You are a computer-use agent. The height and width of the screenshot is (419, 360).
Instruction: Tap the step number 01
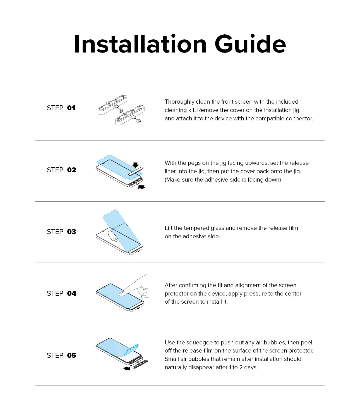71,108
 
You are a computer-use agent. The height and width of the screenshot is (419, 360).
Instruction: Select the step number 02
71,170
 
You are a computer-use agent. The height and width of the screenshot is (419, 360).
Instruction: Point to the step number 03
71,232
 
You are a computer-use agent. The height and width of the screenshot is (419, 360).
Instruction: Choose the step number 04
71,294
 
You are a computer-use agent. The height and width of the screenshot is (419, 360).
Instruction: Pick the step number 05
71,356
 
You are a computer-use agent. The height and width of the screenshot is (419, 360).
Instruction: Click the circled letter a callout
121,111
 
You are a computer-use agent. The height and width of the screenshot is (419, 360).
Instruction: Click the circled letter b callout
139,121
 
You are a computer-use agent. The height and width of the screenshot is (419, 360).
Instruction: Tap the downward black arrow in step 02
135,165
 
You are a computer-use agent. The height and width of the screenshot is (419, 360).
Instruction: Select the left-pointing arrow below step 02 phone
141,187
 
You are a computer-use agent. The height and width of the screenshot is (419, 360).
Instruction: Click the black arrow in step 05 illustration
127,369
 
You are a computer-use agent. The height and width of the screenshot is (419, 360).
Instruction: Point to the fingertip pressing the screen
122,294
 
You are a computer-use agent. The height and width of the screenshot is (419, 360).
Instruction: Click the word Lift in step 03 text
168,228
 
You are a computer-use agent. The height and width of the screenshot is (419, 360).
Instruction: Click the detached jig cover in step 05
140,364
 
